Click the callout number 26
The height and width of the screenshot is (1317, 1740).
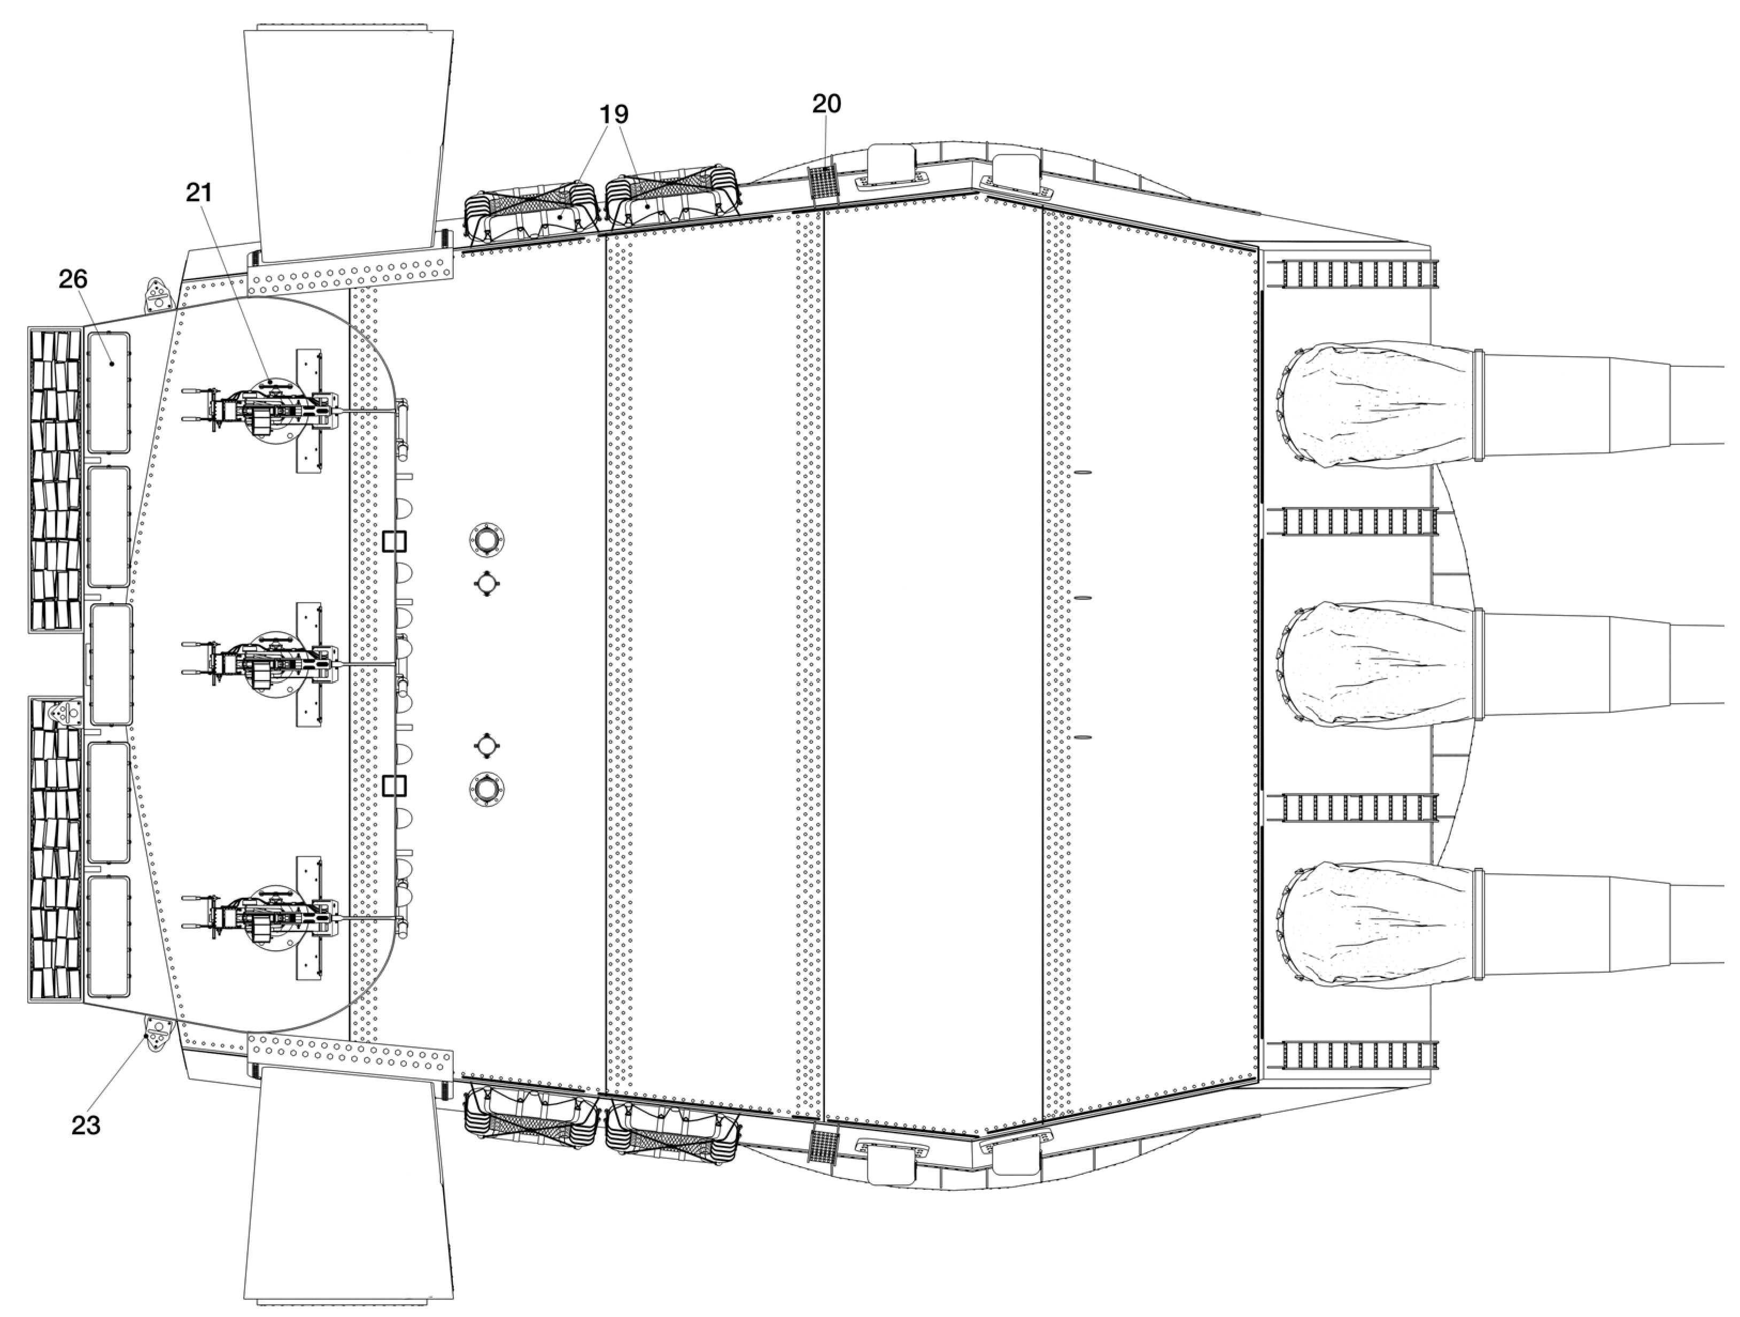point(73,279)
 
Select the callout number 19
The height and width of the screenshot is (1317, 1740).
point(614,114)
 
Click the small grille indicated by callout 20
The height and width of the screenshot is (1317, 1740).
point(822,183)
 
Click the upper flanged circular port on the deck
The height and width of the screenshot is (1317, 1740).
point(486,541)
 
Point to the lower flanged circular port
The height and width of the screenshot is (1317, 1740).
point(486,788)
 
